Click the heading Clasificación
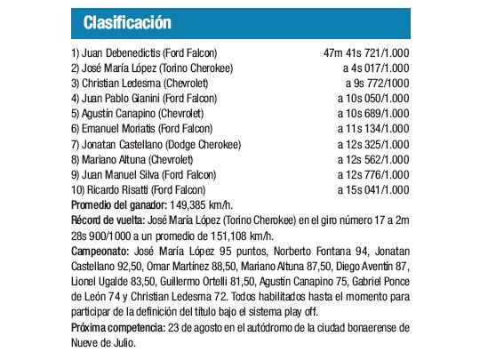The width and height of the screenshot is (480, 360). point(127,21)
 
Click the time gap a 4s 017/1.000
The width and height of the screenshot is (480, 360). point(376,68)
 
